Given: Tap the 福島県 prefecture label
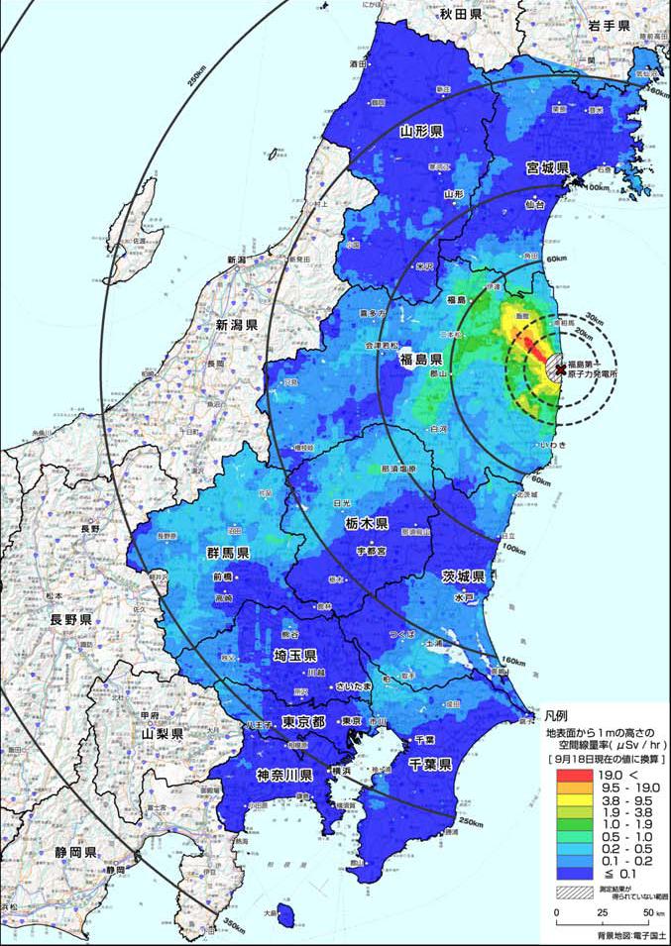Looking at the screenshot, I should [420, 358].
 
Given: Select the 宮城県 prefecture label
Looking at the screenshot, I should [546, 169].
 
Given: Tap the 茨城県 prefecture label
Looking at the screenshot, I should [463, 576].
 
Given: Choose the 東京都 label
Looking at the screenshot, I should [303, 720].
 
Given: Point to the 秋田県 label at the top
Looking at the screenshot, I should [461, 14].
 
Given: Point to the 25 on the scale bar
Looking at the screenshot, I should [602, 912].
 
